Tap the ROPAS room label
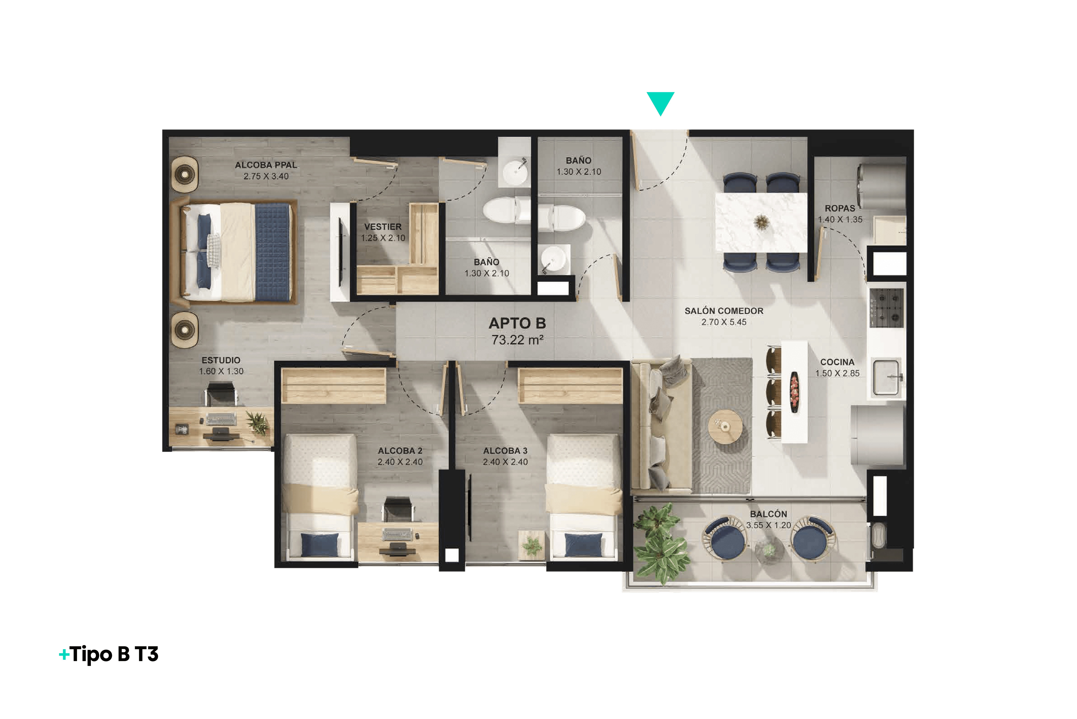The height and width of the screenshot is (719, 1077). coord(840,208)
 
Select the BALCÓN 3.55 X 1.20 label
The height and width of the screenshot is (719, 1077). coord(769,520)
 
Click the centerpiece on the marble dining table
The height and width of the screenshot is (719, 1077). coord(761,222)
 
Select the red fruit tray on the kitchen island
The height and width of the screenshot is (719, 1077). coord(794,392)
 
